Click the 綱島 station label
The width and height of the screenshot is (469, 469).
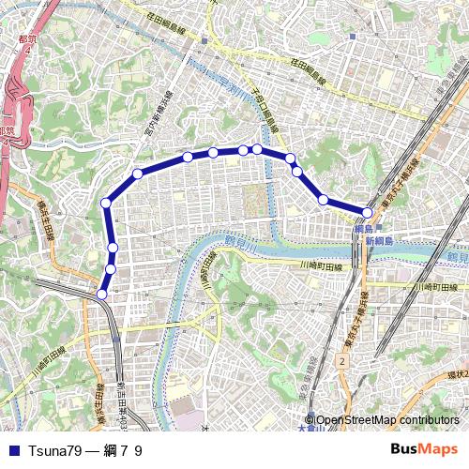[x=364, y=229]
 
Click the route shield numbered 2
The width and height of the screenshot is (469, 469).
[x=343, y=361]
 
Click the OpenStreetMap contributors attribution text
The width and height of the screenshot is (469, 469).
[x=386, y=420]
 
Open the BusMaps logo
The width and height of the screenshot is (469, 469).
[x=423, y=450]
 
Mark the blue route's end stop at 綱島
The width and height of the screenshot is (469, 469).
[x=368, y=213]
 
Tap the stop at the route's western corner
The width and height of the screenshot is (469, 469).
[x=106, y=203]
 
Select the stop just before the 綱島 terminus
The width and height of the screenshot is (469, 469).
[x=323, y=200]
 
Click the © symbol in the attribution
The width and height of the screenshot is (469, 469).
[x=310, y=420]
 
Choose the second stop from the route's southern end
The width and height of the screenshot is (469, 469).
[x=110, y=270]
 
